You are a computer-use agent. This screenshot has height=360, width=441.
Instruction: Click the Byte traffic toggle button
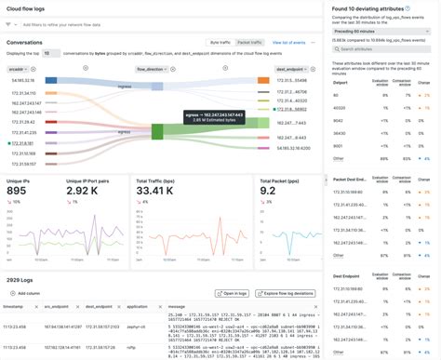[220, 42]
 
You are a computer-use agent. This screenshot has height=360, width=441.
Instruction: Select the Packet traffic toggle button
[249, 42]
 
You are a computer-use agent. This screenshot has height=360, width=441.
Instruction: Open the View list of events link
[289, 42]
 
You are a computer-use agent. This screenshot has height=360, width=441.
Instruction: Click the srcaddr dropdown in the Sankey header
[23, 69]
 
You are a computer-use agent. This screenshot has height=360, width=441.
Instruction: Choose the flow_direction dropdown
[157, 69]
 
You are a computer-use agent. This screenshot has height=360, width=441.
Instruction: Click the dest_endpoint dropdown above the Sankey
[294, 69]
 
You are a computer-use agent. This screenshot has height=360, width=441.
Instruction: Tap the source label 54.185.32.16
[24, 81]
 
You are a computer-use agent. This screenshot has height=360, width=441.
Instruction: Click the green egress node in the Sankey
[157, 131]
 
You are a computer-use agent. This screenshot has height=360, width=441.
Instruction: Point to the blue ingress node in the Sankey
[157, 86]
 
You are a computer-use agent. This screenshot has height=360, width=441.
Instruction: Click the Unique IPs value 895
[18, 191]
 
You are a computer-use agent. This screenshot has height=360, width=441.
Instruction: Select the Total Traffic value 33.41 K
[155, 191]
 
